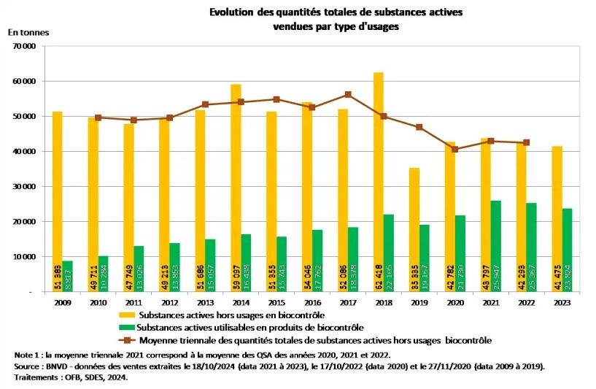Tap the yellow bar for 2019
tap(414, 229)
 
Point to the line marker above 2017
tap(348, 94)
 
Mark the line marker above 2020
tap(455, 149)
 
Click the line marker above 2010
tap(98, 118)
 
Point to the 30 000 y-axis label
tap(25, 186)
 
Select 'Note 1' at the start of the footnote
tap(28, 354)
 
